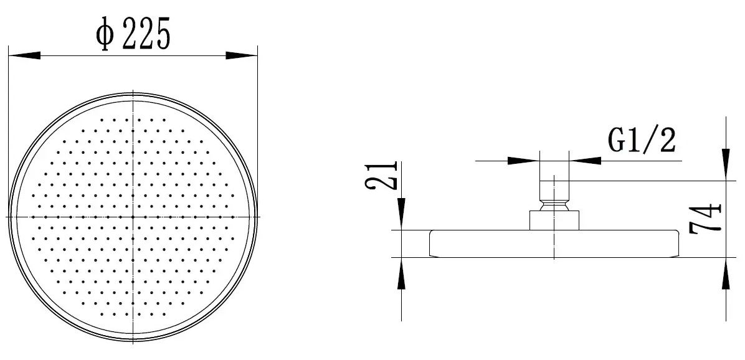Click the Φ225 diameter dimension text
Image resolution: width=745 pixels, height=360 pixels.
(x=133, y=33)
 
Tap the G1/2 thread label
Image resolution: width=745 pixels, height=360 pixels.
(x=642, y=141)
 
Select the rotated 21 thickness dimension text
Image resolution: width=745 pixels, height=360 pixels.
(x=381, y=175)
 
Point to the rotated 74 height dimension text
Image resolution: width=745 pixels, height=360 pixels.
(x=706, y=219)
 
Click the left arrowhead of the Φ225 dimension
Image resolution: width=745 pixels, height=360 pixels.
(x=24, y=56)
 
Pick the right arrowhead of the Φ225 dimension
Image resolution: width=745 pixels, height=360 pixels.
(x=241, y=55)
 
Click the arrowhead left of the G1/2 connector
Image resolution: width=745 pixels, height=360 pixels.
(x=524, y=161)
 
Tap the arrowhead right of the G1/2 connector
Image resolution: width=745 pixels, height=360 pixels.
(x=585, y=161)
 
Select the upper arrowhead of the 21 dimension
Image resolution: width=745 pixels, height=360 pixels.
(x=402, y=214)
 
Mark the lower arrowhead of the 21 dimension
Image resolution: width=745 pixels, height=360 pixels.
(x=402, y=273)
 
